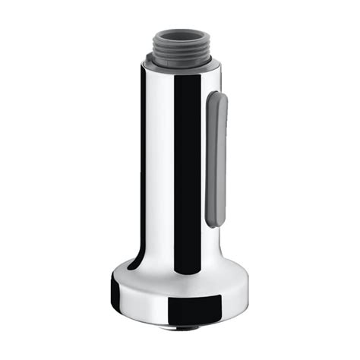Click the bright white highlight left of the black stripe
pos(162,167)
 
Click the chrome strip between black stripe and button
pos(202,167)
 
